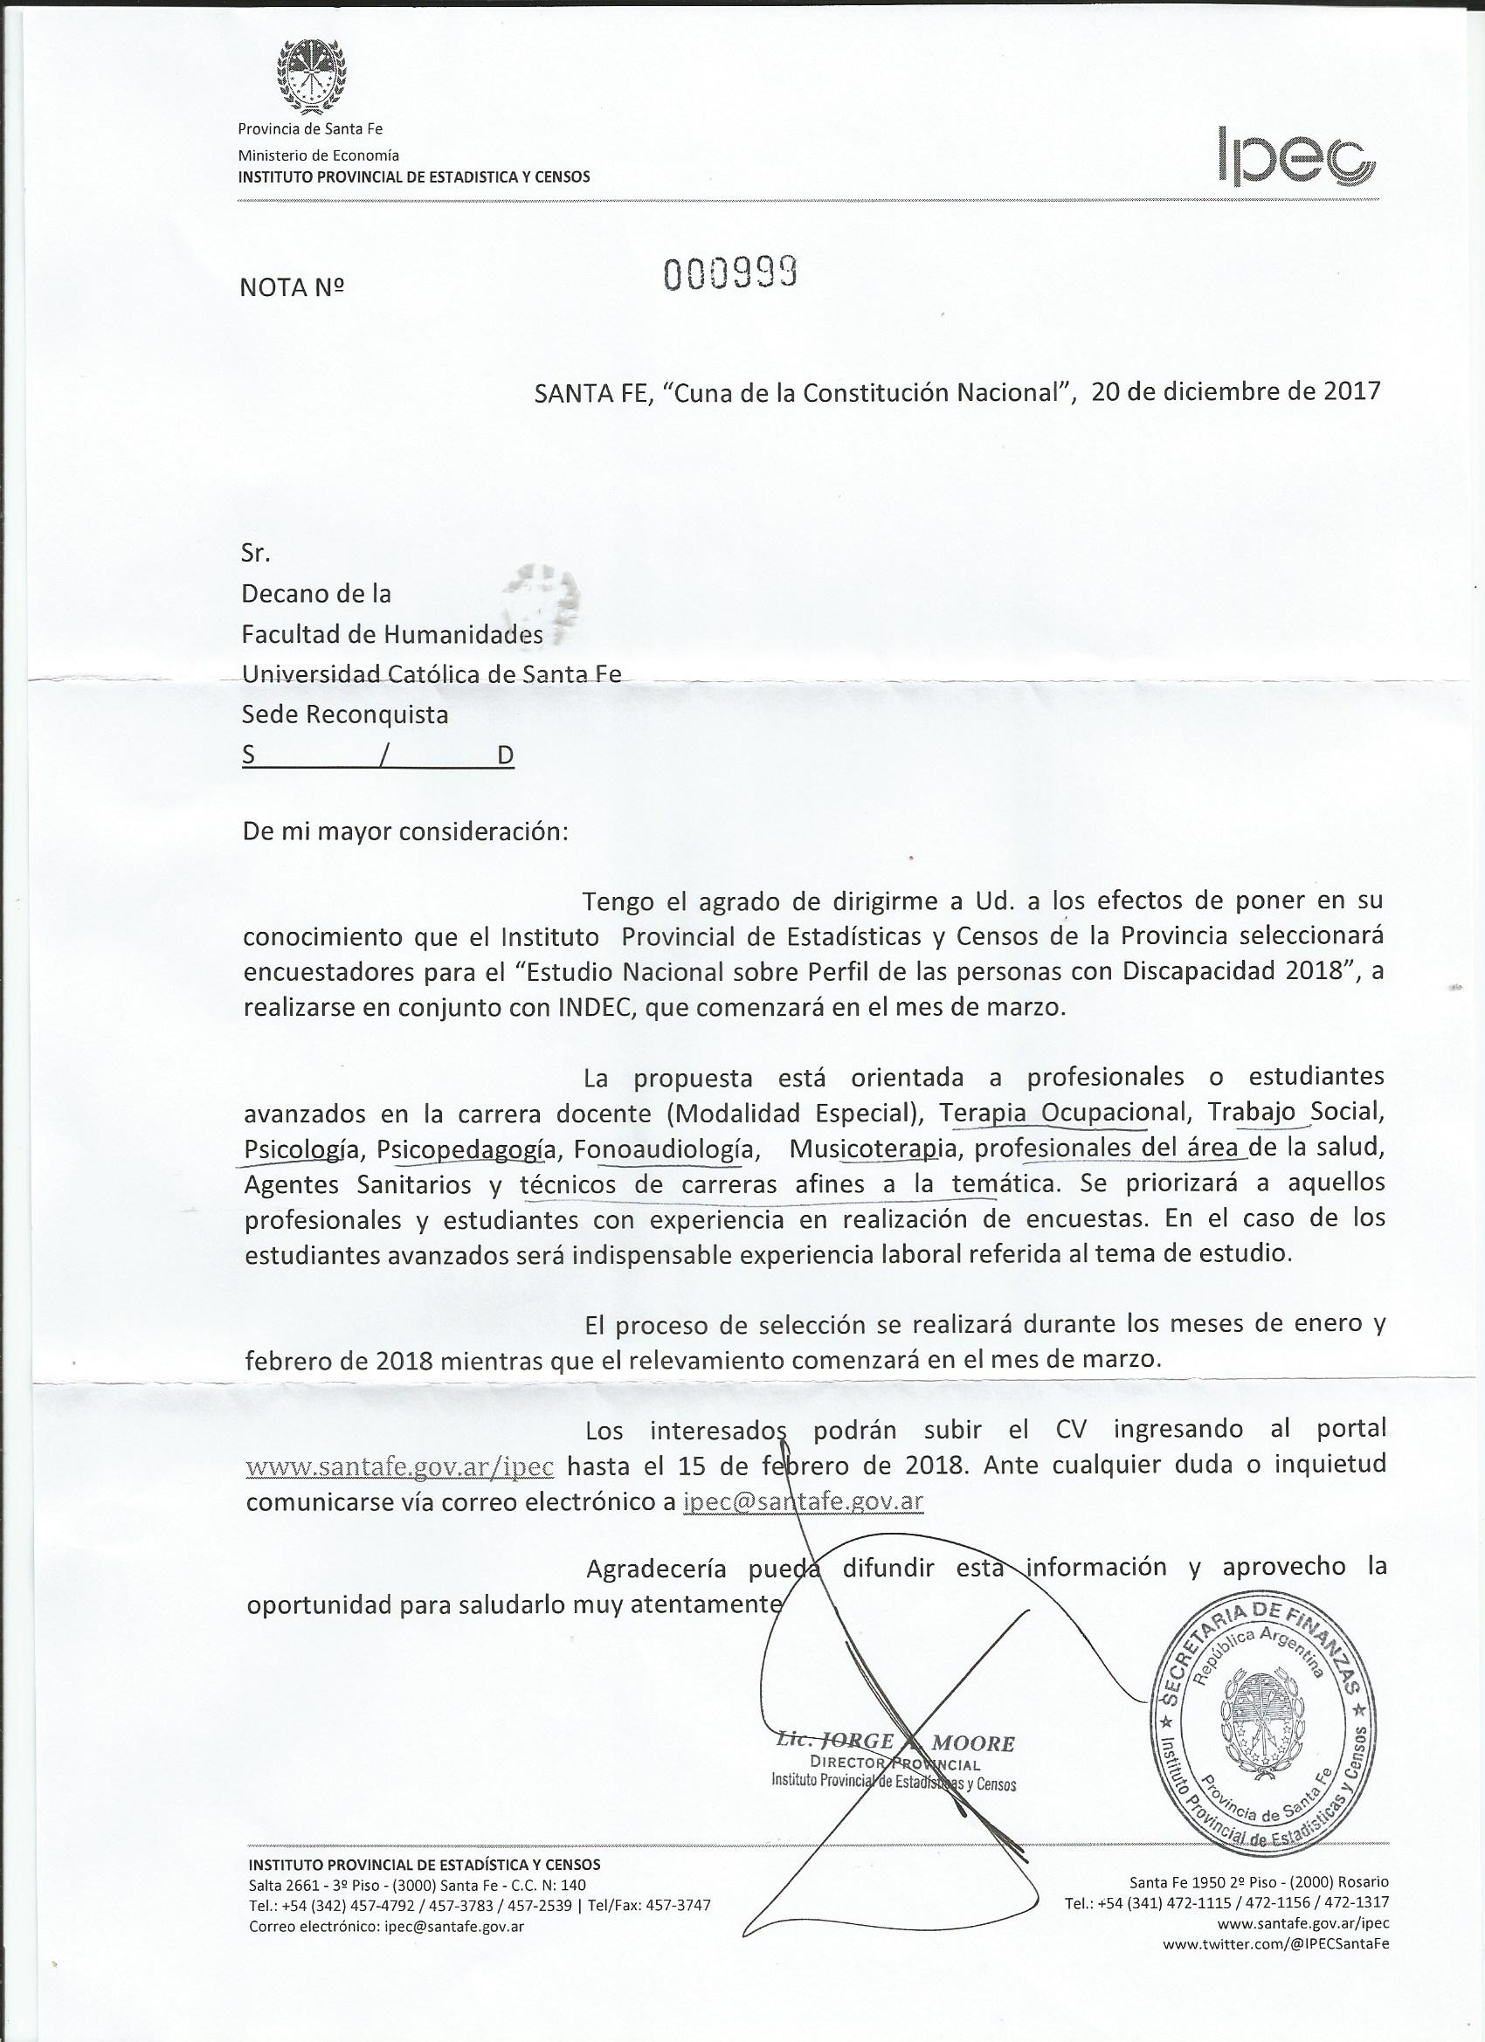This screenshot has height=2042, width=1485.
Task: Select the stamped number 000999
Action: [x=732, y=273]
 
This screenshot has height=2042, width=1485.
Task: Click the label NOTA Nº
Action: [x=293, y=287]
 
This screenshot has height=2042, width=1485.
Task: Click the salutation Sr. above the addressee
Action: [x=256, y=553]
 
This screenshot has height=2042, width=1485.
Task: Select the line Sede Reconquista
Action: [x=345, y=715]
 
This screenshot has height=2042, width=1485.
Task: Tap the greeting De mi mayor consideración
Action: [x=406, y=830]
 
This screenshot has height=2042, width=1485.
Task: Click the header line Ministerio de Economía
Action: [x=318, y=155]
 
